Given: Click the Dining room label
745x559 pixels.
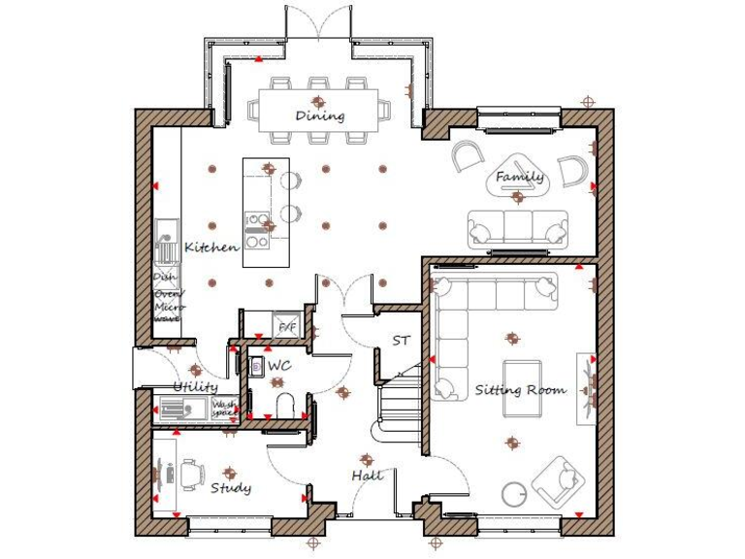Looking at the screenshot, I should tap(320, 116).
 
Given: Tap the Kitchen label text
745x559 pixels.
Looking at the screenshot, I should tap(211, 247).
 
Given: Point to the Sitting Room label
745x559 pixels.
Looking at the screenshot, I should tap(520, 390).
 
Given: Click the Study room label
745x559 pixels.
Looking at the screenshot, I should tap(231, 487).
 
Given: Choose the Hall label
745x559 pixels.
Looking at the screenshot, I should tap(368, 476).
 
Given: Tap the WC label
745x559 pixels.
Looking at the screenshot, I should tap(279, 366).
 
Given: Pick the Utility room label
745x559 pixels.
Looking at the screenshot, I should tap(196, 386).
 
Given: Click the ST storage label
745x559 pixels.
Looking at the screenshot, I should tap(401, 342).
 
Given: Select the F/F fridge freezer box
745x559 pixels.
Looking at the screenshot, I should tap(287, 327).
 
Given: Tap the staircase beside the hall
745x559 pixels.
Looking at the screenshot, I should tap(398, 403).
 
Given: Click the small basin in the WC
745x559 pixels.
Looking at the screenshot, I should tap(257, 367).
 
